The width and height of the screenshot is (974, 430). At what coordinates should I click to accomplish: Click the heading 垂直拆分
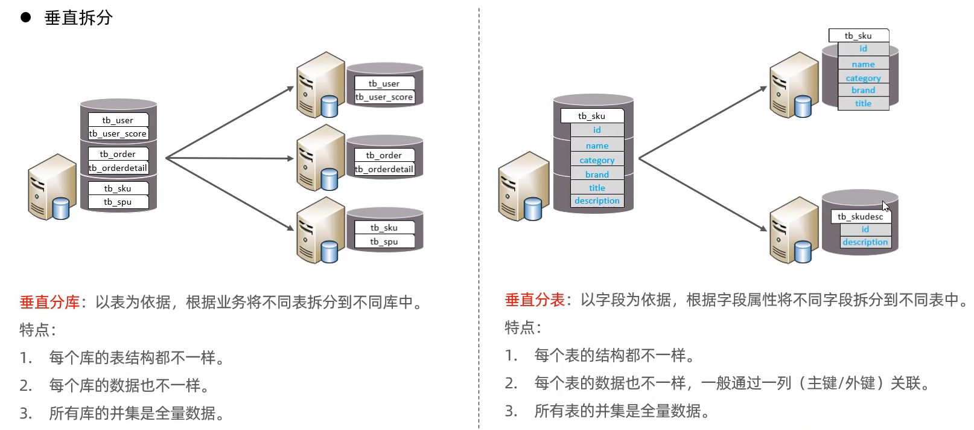coord(78,18)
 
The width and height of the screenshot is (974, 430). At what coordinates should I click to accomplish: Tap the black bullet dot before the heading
coord(26,17)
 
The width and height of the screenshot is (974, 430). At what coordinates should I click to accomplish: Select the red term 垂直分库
coord(49,301)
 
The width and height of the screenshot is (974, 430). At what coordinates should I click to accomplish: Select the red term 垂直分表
coord(535,300)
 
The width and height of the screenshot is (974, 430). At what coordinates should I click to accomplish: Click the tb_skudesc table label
coord(860,216)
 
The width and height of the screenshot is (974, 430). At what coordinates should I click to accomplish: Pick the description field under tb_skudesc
coord(865,242)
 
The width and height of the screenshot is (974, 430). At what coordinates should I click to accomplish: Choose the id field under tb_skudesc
coord(865,229)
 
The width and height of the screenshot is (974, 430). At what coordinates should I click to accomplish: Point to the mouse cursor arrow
coord(886,206)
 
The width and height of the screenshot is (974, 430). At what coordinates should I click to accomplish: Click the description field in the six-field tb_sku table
coord(597,201)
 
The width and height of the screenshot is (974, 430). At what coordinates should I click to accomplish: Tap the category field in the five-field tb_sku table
coord(863,78)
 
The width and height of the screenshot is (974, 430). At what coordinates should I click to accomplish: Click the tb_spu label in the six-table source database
coord(118,202)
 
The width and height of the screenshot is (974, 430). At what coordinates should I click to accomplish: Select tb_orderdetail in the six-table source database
coord(118,168)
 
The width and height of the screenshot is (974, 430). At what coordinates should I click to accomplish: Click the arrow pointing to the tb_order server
coord(229,158)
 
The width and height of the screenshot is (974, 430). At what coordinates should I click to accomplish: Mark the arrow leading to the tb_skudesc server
coord(702,194)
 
